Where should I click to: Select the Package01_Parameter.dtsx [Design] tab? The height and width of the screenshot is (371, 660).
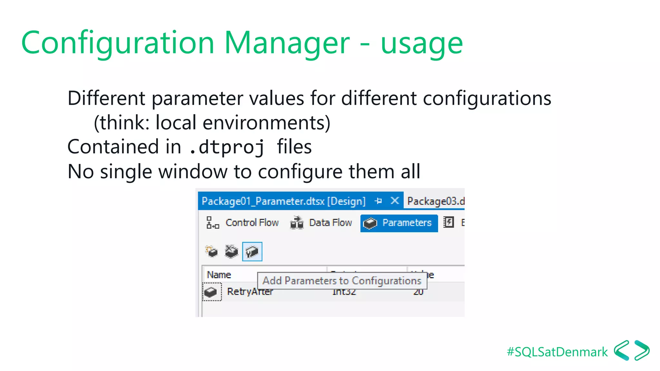click(283, 201)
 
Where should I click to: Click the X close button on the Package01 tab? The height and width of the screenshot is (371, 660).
click(394, 201)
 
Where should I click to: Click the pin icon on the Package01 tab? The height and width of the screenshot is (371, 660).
click(378, 201)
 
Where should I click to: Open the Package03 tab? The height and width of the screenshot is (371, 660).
click(435, 201)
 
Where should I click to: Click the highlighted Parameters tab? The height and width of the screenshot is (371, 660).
click(399, 223)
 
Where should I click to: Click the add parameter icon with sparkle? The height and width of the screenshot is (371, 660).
click(212, 252)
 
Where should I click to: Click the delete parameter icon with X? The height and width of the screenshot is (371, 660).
click(231, 252)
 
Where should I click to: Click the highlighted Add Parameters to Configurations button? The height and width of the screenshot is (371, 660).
click(252, 252)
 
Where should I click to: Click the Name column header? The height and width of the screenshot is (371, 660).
click(219, 275)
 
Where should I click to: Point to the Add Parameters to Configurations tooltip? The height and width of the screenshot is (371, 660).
click(342, 281)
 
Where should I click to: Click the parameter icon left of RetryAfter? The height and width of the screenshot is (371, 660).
click(211, 292)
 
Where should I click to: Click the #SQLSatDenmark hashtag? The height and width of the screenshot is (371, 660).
click(557, 352)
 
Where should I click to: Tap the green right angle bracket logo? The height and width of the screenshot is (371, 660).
click(642, 350)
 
